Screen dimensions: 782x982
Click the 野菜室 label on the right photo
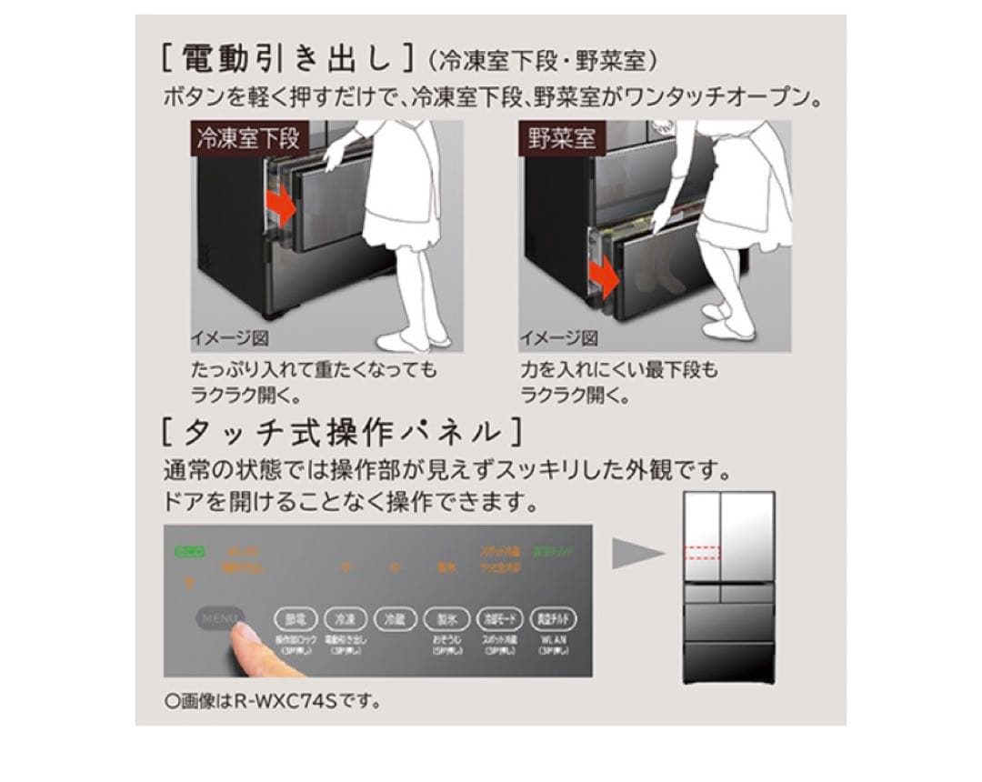click(x=562, y=139)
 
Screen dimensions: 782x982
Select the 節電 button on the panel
click(x=296, y=618)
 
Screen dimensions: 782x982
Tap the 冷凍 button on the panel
click(x=344, y=618)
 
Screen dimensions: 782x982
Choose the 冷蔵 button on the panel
click(x=394, y=618)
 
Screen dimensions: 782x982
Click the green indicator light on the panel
click(x=191, y=551)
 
